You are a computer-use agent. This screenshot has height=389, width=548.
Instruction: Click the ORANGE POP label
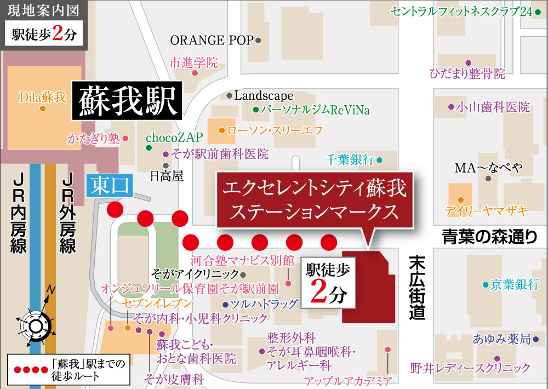212,41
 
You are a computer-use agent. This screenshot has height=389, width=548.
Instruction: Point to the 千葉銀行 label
350,160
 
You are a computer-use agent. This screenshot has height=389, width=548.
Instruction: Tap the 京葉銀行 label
515,284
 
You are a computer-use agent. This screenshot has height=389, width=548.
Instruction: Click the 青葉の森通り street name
490,237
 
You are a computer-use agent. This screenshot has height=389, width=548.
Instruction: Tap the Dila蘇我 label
42,98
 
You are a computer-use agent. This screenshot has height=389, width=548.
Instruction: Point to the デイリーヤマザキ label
486,210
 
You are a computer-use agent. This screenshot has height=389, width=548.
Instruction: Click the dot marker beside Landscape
229,96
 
